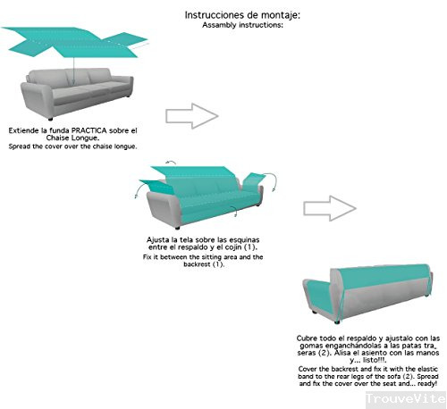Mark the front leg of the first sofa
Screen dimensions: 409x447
pyautogui.click(x=51, y=117)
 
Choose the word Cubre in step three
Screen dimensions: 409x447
pyautogui.click(x=308, y=338)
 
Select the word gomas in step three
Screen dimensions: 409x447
pyautogui.click(x=308, y=346)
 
